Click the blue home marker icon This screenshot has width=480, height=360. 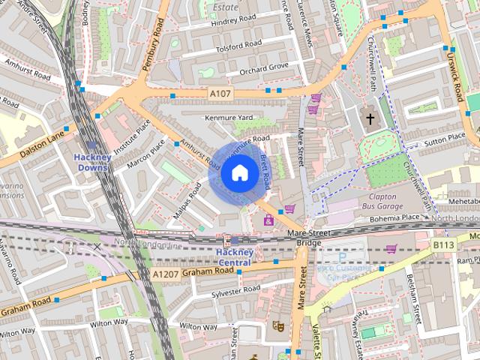point(238,174)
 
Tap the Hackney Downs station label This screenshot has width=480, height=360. point(92,162)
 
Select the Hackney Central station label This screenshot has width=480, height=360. point(233,257)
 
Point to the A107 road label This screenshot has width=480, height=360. point(218,93)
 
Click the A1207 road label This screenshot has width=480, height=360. point(166,275)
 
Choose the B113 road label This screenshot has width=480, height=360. point(443,244)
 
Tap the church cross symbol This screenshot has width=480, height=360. point(369,118)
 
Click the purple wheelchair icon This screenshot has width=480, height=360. point(268,220)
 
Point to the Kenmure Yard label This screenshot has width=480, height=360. point(229,118)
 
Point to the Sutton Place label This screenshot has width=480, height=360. point(445,138)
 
